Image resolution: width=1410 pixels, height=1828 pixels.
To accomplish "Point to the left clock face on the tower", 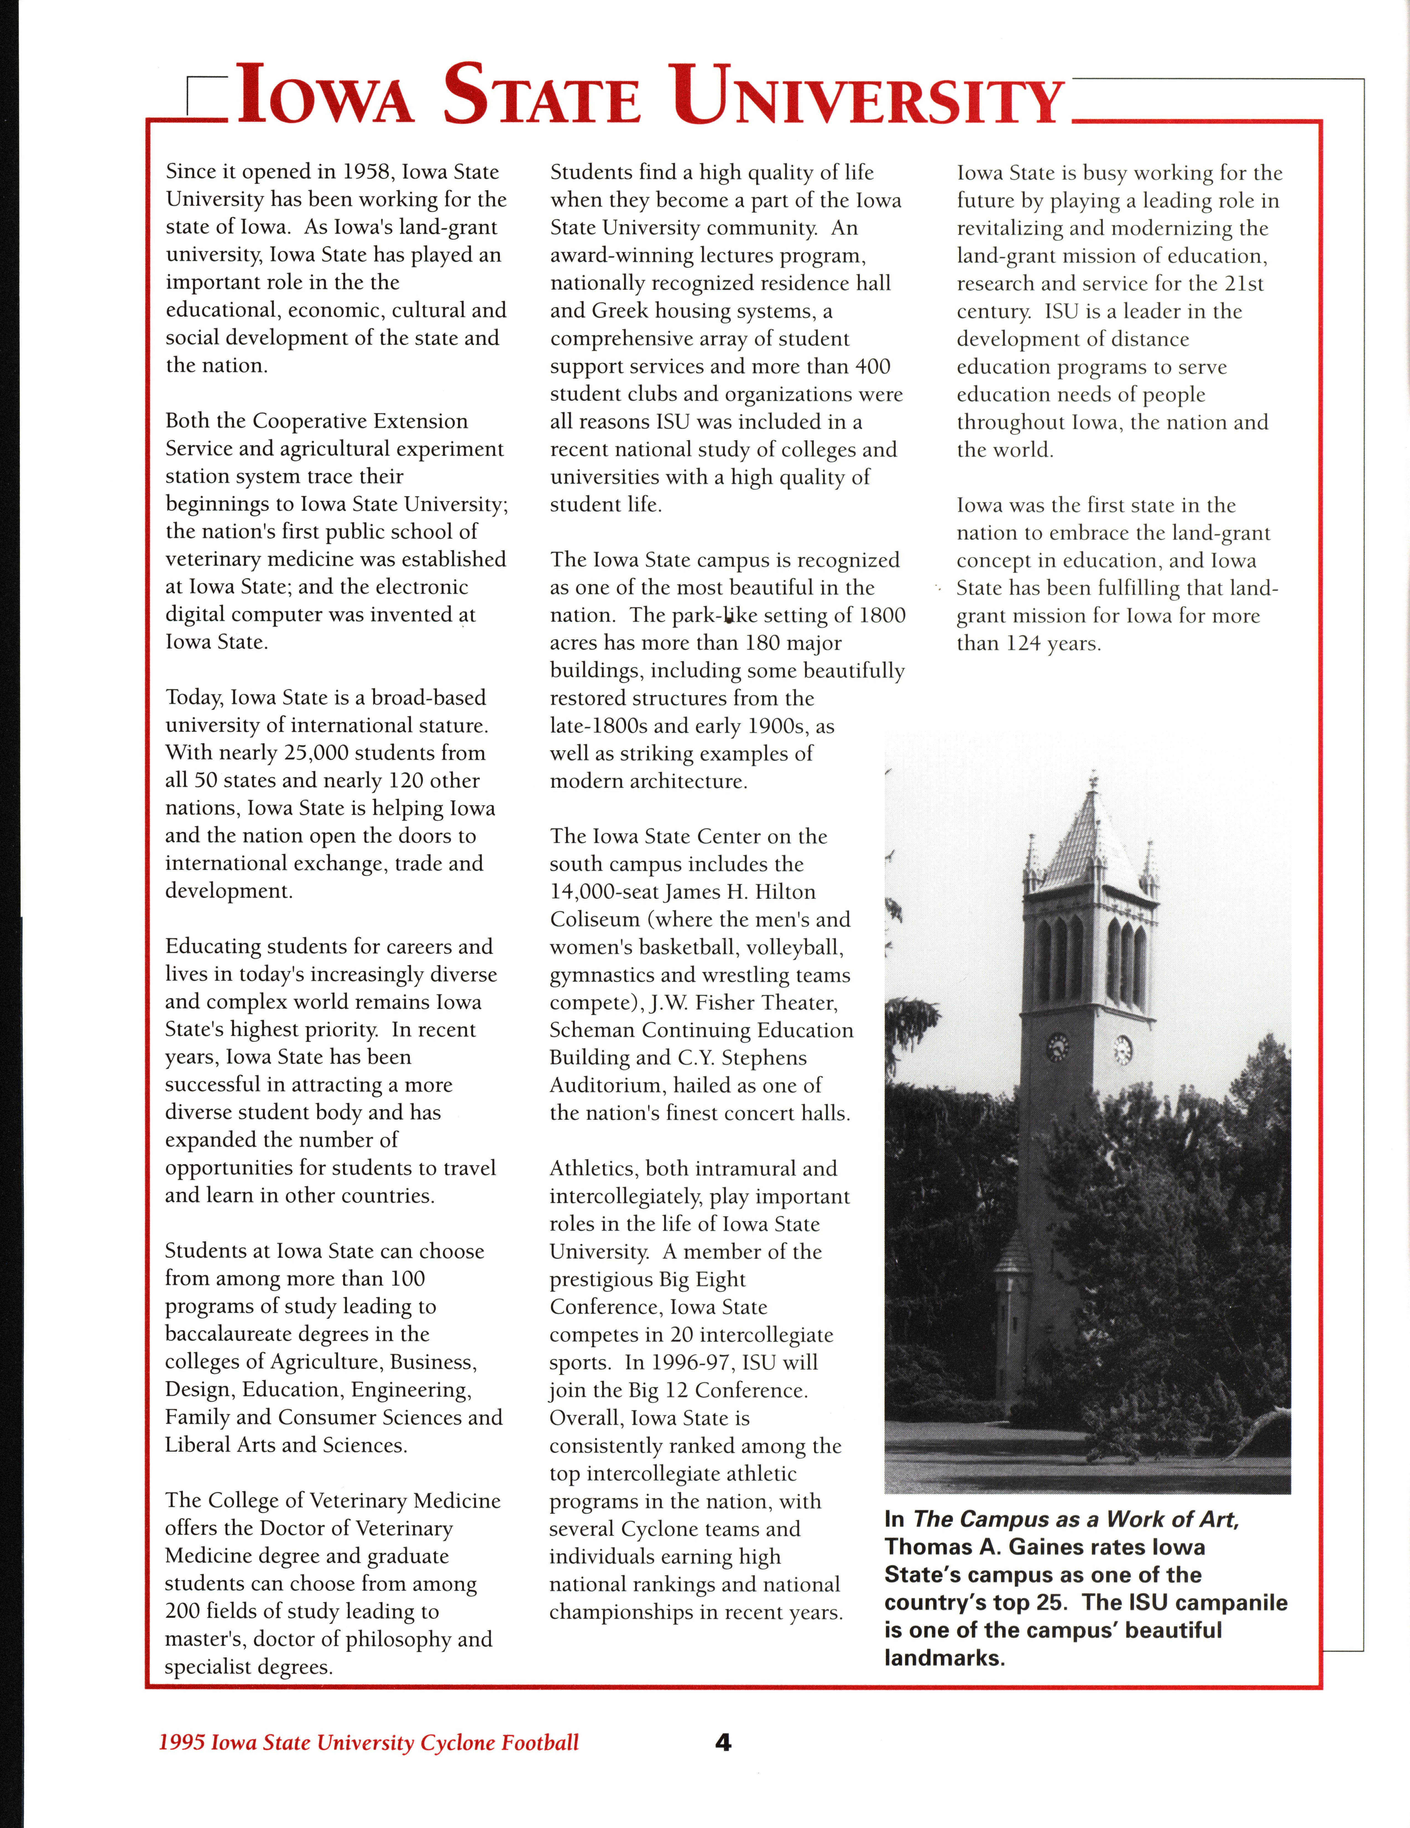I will click(x=1058, y=1046).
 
